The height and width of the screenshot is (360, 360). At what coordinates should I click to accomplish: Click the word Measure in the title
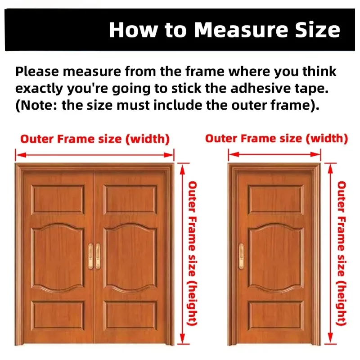(x=241, y=30)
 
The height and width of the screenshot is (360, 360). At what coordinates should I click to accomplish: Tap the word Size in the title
(x=317, y=30)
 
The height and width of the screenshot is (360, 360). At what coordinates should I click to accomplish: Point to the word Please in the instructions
(x=37, y=71)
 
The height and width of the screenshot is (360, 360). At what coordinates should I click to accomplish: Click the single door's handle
(x=241, y=256)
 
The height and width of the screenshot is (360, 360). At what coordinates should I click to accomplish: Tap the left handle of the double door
(x=91, y=256)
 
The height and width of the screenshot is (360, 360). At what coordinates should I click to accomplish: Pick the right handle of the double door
(x=98, y=256)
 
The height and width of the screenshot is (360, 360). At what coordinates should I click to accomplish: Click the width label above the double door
(x=95, y=139)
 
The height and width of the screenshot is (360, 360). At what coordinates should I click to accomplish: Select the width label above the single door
(x=276, y=139)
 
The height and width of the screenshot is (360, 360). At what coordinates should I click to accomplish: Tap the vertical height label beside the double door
(x=192, y=253)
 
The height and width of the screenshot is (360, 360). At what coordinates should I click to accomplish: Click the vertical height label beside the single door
(x=342, y=253)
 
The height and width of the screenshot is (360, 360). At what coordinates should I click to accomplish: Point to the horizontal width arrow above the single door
(x=274, y=154)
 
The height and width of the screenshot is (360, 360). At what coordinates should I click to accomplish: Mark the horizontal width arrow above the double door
(x=94, y=155)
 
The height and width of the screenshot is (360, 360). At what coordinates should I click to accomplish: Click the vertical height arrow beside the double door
(x=182, y=254)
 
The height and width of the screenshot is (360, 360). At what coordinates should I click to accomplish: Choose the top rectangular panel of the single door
(x=275, y=199)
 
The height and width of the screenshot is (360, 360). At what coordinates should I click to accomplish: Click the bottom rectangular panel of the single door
(x=275, y=315)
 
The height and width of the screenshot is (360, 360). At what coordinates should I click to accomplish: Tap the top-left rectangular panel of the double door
(x=58, y=199)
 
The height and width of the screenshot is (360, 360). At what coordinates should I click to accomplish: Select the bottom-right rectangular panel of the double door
(x=130, y=315)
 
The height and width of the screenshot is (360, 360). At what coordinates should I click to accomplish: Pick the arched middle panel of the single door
(x=275, y=257)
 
